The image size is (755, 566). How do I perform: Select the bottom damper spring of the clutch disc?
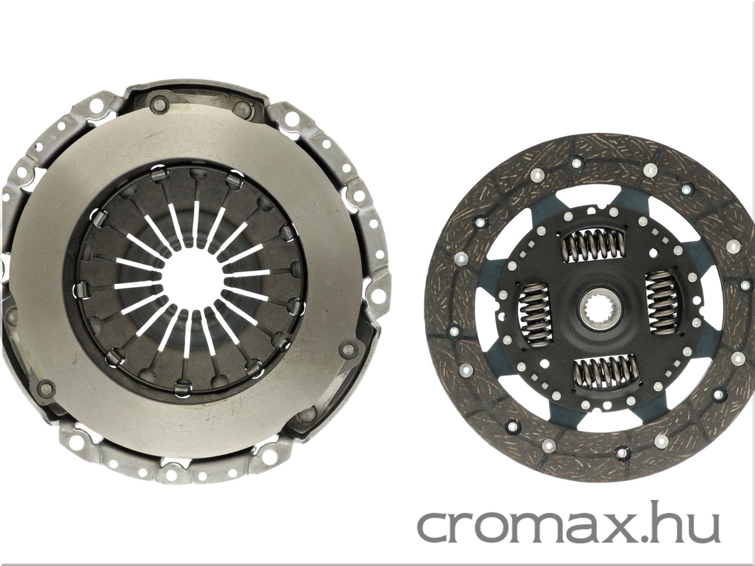click(604, 371)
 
